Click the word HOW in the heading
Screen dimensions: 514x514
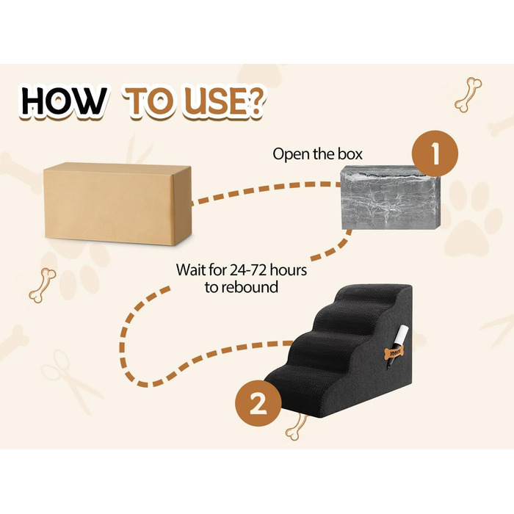point(64,101)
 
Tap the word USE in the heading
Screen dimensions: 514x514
point(215,101)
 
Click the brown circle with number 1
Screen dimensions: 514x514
point(435,153)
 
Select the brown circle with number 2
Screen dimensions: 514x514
point(258,403)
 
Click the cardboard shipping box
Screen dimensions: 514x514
point(117,203)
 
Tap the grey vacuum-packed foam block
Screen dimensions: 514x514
point(390,198)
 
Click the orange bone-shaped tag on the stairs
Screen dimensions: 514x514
point(394,352)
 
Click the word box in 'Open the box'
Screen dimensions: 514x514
point(350,154)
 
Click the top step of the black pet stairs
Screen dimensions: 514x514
point(371,293)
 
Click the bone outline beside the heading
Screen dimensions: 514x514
point(468,95)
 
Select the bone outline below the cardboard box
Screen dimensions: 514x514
point(43,285)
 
